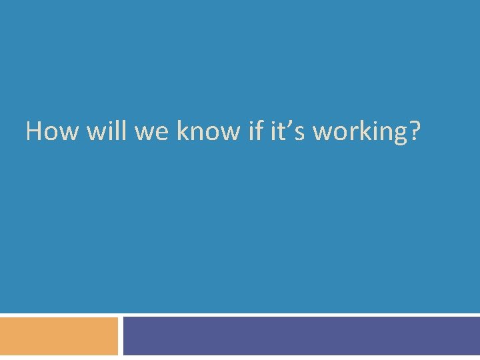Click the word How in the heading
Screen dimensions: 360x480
coord(53,131)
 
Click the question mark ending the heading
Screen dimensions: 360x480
coord(414,131)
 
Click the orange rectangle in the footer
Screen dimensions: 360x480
coord(59,336)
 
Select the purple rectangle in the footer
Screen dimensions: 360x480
coord(301,336)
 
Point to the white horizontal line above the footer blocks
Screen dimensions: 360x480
coord(240,314)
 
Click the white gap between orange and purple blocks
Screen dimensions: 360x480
coord(121,336)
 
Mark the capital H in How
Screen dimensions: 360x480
coord(34,131)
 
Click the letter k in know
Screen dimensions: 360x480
coord(183,131)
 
